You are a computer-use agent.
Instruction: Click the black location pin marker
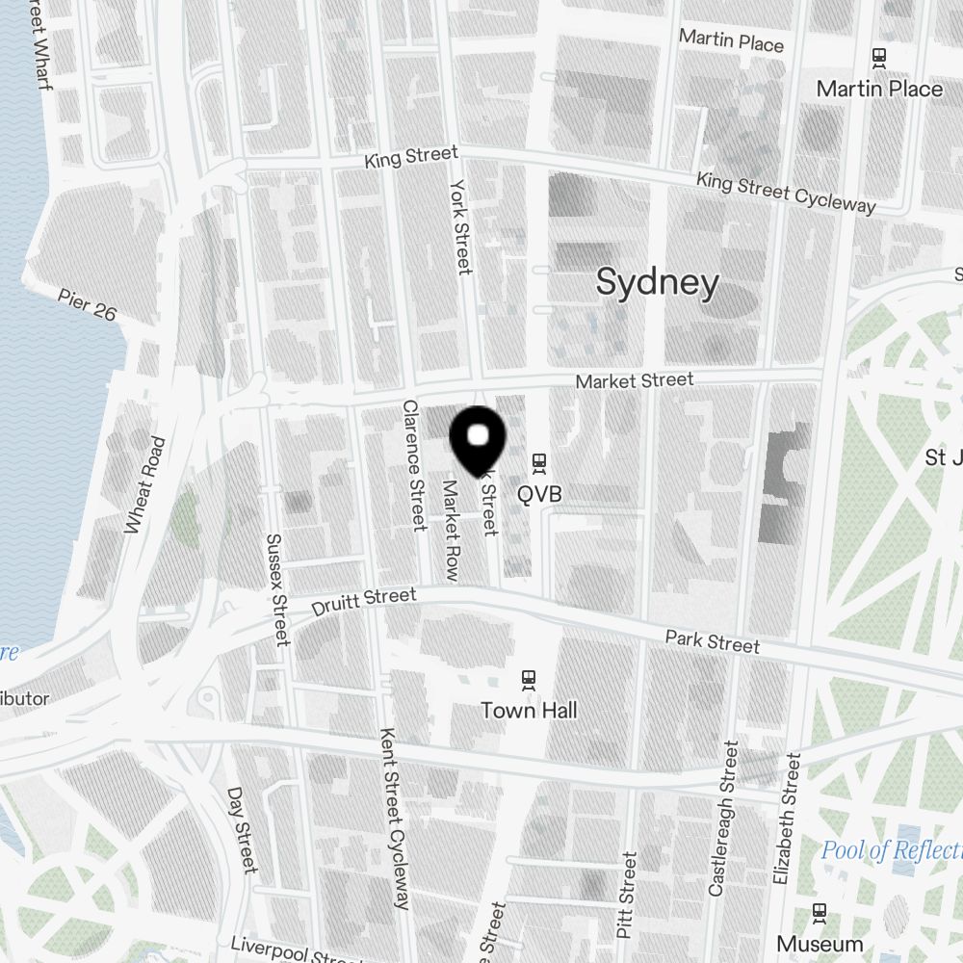point(478,440)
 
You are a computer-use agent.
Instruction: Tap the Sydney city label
point(657,283)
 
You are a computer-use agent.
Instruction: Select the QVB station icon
point(539,465)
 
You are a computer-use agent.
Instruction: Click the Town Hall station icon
point(528,679)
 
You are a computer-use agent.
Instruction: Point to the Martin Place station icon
point(878,58)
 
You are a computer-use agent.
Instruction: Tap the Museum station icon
point(820,912)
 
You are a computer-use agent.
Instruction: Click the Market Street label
point(634,381)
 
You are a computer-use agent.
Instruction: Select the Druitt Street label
point(364,603)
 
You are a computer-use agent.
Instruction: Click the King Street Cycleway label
point(786,192)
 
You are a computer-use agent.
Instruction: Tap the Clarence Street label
point(414,465)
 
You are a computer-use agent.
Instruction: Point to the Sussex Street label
point(277,589)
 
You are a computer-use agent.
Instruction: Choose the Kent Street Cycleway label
point(396,819)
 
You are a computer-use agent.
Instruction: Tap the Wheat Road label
point(145,484)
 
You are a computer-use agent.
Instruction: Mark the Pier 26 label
point(87,305)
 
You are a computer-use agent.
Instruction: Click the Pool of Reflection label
point(891,850)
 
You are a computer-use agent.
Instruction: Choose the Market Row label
point(449,530)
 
